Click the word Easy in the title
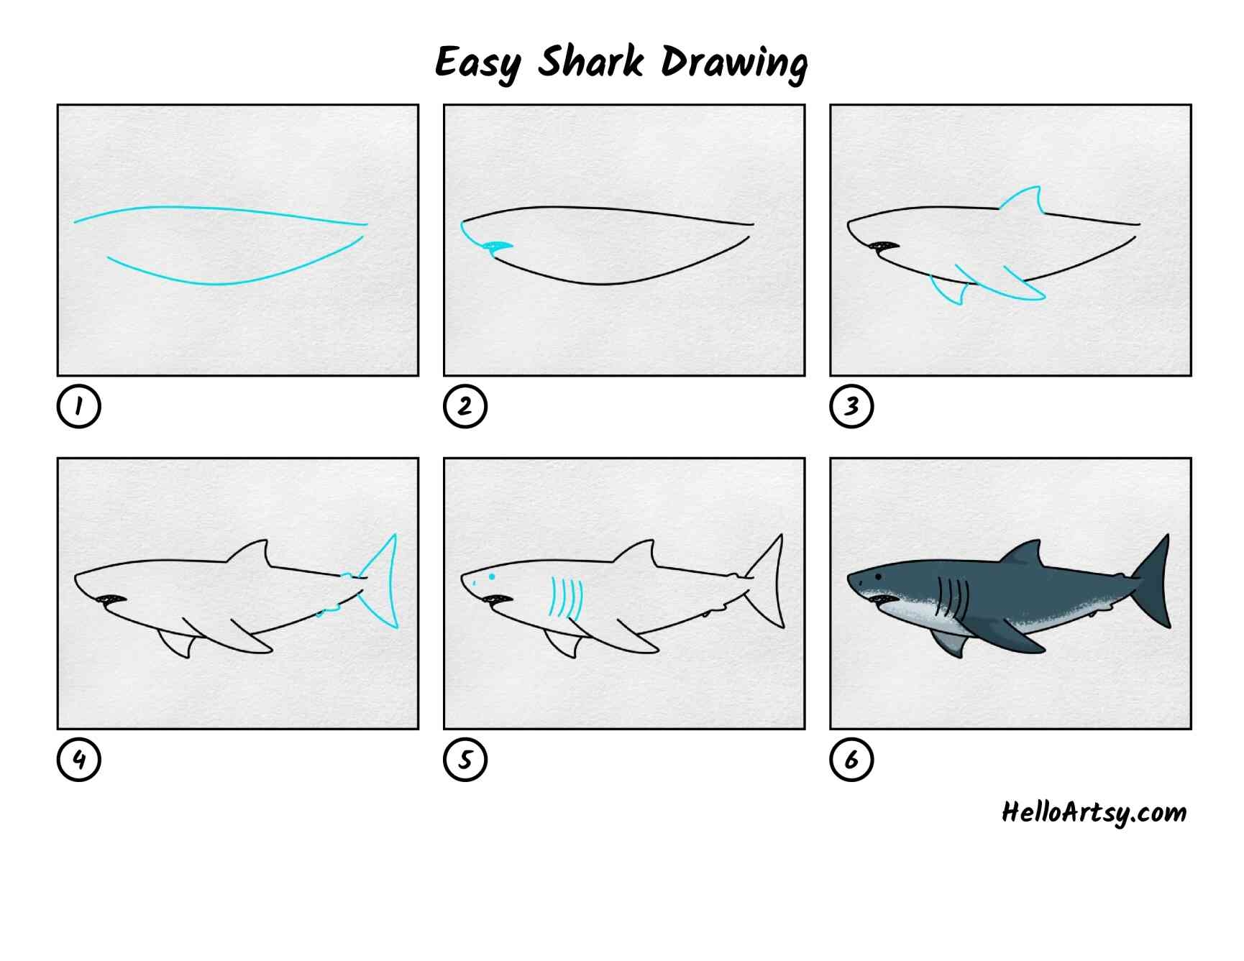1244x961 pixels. (477, 63)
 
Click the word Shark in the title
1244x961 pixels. (591, 61)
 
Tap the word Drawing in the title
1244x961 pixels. (734, 63)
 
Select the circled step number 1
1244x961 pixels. (78, 406)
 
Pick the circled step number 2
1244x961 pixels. (465, 406)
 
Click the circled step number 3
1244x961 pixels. (851, 406)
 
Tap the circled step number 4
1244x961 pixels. (78, 759)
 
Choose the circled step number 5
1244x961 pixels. (465, 759)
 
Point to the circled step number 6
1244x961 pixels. (851, 759)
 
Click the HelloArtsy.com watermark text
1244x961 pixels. (1094, 813)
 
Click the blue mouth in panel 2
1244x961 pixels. (498, 249)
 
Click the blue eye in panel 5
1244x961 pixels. (493, 576)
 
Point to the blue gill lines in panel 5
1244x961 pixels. (566, 598)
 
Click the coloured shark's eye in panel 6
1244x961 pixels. (879, 576)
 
